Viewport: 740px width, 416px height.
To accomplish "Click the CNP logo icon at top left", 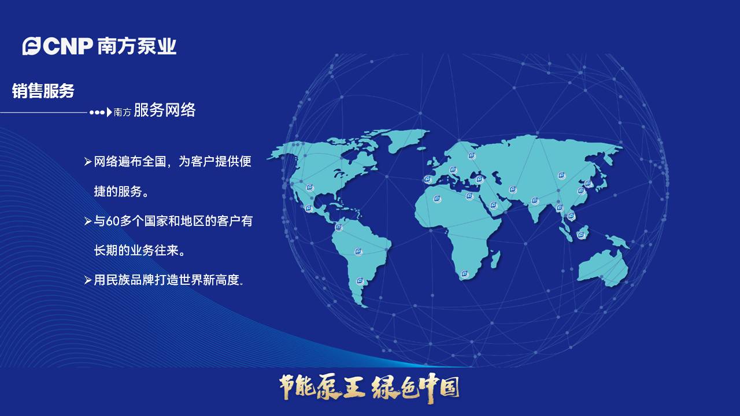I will point(31,46).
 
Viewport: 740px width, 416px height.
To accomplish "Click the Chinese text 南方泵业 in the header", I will point(137,46).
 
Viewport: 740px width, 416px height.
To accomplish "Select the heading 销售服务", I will point(43,91).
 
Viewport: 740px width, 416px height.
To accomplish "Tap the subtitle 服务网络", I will point(164,110).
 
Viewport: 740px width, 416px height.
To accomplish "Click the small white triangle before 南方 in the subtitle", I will point(109,112).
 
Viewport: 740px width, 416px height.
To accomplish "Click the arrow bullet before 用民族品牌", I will point(88,280).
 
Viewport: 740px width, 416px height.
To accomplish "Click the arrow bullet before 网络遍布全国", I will point(88,162).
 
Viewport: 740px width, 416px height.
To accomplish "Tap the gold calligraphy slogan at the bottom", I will point(369,387).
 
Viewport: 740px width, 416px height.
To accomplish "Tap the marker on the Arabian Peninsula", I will point(493,205).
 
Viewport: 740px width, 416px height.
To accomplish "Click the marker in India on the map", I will point(535,201).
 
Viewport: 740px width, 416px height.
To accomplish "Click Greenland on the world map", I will point(405,139).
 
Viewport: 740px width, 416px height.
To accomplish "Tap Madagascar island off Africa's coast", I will point(495,258).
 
